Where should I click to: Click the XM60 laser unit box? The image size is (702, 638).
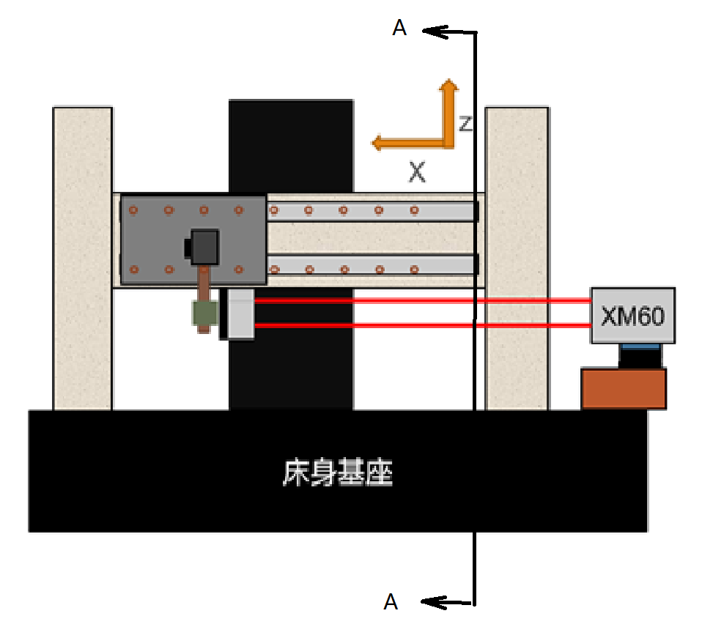click(x=632, y=315)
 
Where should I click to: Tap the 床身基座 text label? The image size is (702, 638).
click(x=338, y=473)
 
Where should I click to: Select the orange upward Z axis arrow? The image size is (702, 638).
click(x=448, y=110)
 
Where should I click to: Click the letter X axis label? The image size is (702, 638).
click(x=417, y=173)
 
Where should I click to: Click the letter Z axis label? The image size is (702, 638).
click(x=465, y=124)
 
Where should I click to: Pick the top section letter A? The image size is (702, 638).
click(x=399, y=28)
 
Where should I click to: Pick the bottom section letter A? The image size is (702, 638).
click(x=391, y=602)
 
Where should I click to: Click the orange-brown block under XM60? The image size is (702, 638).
click(x=624, y=388)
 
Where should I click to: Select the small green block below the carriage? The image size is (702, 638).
click(x=204, y=313)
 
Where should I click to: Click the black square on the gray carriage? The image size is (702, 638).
click(x=204, y=247)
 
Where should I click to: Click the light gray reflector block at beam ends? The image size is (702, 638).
click(x=240, y=314)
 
